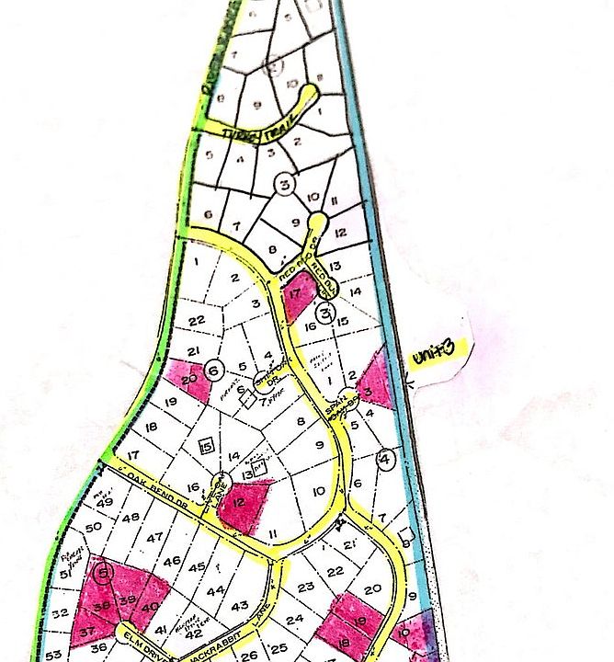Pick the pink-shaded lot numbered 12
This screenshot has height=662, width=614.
tap(241, 504)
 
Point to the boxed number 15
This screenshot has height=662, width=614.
tap(207, 446)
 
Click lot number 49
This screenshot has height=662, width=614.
tap(105, 502)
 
